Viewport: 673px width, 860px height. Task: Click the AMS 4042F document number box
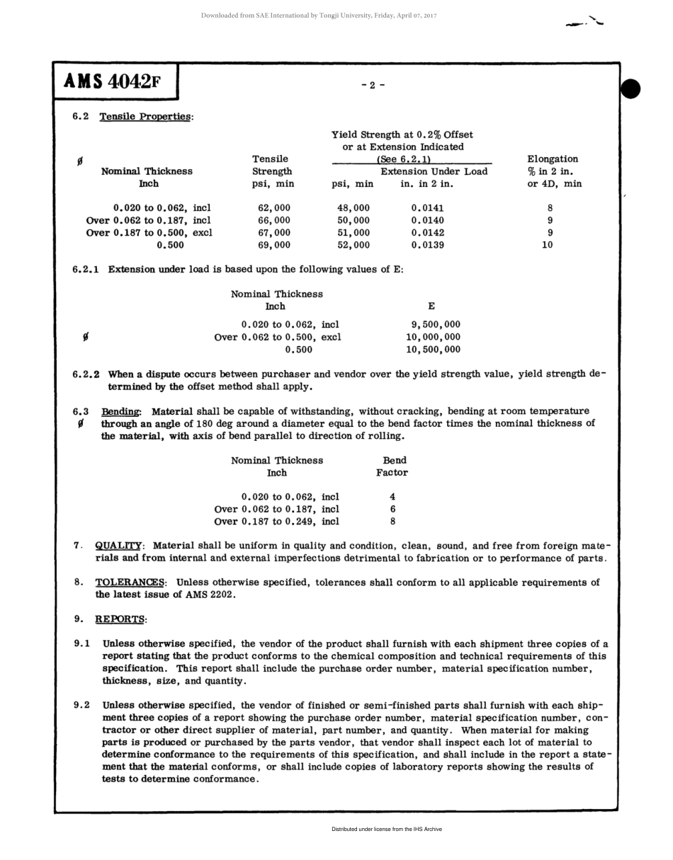(115, 82)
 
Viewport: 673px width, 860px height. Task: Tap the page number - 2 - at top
(373, 86)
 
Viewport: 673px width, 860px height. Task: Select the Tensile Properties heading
(145, 117)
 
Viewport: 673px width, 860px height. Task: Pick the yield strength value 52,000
(353, 245)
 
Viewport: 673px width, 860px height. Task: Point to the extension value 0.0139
(428, 245)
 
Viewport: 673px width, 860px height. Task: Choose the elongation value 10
(547, 245)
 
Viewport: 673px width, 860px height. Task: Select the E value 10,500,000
(433, 349)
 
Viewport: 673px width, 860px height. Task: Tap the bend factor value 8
(392, 522)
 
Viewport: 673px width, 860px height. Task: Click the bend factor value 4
(392, 497)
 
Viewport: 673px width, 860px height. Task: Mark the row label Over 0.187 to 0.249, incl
(276, 522)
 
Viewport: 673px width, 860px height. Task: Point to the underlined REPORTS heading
(120, 619)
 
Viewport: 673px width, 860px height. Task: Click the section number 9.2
(82, 705)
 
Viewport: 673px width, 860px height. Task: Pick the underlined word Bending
(121, 411)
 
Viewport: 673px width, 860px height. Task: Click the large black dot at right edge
(630, 89)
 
